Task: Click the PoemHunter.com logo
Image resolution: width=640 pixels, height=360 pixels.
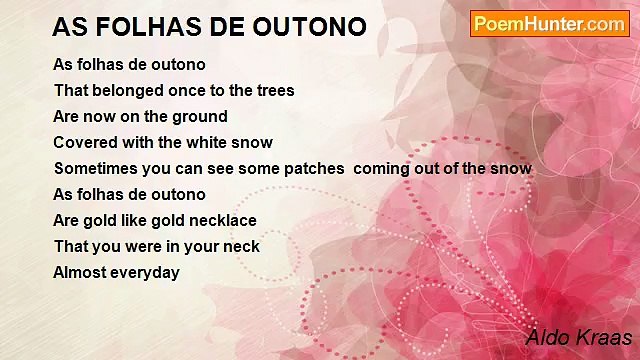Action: click(x=549, y=24)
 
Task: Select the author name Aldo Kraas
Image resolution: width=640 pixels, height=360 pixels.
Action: click(x=579, y=337)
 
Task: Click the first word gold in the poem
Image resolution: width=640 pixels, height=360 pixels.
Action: click(x=102, y=220)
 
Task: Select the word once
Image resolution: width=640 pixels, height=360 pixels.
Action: click(x=191, y=90)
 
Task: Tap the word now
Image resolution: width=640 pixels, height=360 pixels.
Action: click(x=101, y=116)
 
